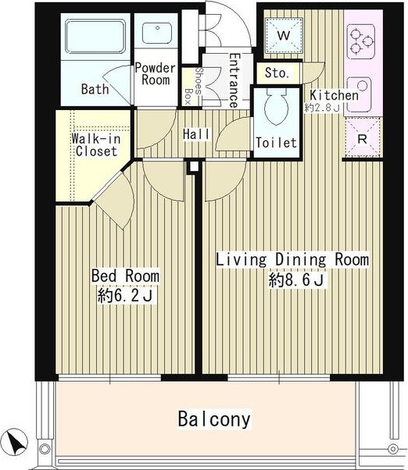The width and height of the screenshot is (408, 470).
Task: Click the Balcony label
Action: (214, 418)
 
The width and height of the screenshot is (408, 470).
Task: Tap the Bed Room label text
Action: (125, 276)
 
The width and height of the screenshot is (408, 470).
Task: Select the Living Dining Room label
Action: (292, 259)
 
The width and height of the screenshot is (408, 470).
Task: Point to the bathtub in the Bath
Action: (95, 37)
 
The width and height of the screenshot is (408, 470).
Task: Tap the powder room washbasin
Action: (156, 33)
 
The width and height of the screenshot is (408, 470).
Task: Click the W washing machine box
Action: (284, 36)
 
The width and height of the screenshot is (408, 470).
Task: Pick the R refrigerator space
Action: (363, 137)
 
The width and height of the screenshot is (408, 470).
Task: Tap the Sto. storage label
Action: (277, 73)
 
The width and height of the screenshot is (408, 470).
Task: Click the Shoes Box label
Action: (193, 85)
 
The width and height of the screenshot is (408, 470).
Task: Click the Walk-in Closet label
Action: (96, 144)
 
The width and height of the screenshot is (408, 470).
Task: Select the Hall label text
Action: (196, 134)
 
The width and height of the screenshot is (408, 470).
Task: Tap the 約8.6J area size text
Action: (296, 281)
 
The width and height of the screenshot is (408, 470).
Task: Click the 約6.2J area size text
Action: (125, 296)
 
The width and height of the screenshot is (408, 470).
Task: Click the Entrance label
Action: (234, 80)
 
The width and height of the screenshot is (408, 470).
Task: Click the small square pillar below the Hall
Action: (193, 166)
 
